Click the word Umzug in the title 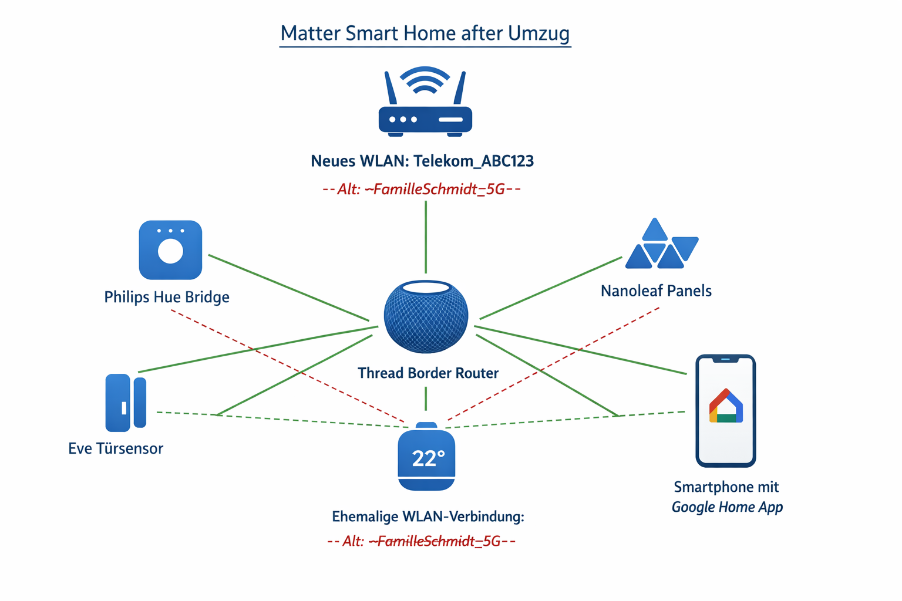coord(538,33)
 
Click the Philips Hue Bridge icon coord(170,250)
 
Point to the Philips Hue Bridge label coord(167,297)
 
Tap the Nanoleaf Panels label coord(656,291)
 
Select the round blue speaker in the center coord(426,316)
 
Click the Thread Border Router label coord(428,373)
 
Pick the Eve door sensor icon coord(126,403)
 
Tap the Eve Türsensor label coord(116,449)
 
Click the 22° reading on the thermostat coord(428,458)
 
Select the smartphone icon coord(725,411)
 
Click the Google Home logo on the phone coord(726,406)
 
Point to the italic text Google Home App coord(727,507)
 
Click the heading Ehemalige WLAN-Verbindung coord(428,517)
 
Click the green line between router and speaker coord(426,238)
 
